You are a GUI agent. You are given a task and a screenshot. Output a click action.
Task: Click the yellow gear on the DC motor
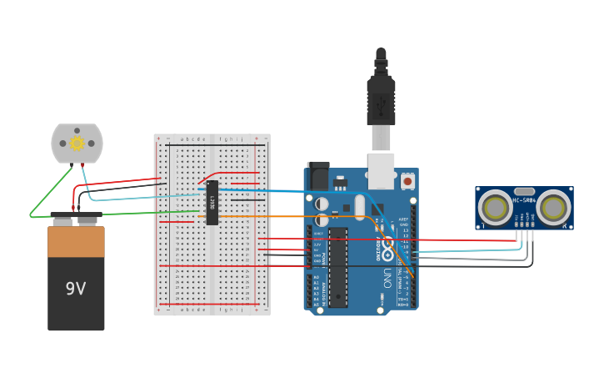pos(77,143)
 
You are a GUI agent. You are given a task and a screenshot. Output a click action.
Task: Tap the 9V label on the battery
pos(76,289)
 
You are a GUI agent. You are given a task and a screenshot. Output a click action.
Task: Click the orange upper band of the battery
pos(76,242)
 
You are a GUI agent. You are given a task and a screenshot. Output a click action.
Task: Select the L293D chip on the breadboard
pos(212,202)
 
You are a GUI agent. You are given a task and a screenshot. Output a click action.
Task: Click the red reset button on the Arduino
pos(407,180)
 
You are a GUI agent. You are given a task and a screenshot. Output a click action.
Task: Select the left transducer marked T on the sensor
pos(496,208)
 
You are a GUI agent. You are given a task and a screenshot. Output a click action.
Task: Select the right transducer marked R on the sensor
pos(552,208)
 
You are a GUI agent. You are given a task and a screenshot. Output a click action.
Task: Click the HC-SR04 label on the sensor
pos(524,200)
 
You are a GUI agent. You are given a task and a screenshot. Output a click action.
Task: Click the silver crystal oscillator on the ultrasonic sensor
pos(524,191)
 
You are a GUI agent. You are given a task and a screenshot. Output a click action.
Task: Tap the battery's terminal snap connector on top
pos(76,219)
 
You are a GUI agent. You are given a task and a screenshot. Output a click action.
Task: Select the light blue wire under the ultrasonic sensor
pos(467,249)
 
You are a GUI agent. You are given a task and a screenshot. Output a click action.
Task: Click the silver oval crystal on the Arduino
pos(360,207)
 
